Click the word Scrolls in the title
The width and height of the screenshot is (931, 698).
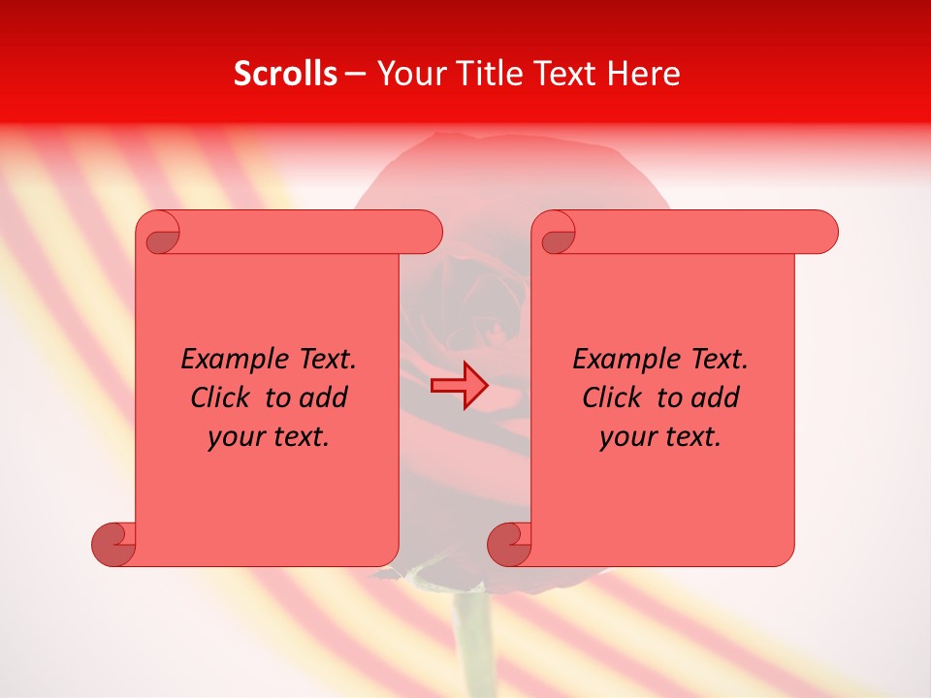[x=285, y=74]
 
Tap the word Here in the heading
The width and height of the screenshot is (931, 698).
[x=644, y=74]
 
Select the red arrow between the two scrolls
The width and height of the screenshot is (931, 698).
[x=460, y=386]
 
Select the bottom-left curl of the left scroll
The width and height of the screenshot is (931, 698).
[x=114, y=543]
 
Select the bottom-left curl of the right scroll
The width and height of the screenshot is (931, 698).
[x=510, y=543]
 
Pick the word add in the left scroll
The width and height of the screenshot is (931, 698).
[x=324, y=397]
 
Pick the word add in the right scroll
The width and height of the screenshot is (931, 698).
[x=716, y=397]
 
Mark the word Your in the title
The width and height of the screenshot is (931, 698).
[x=409, y=74]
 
